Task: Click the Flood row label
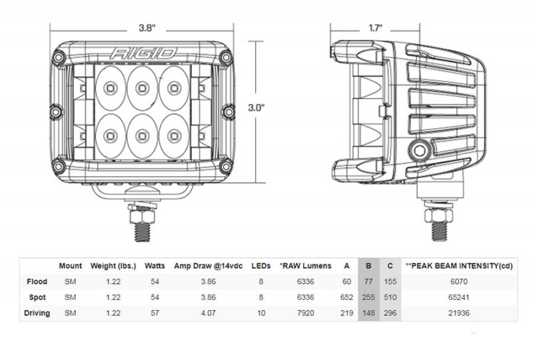[37, 282]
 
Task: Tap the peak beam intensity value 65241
[460, 297]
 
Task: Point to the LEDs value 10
[261, 313]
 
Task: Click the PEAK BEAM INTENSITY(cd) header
[460, 266]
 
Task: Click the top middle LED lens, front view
[141, 87]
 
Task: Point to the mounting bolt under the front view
[141, 219]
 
